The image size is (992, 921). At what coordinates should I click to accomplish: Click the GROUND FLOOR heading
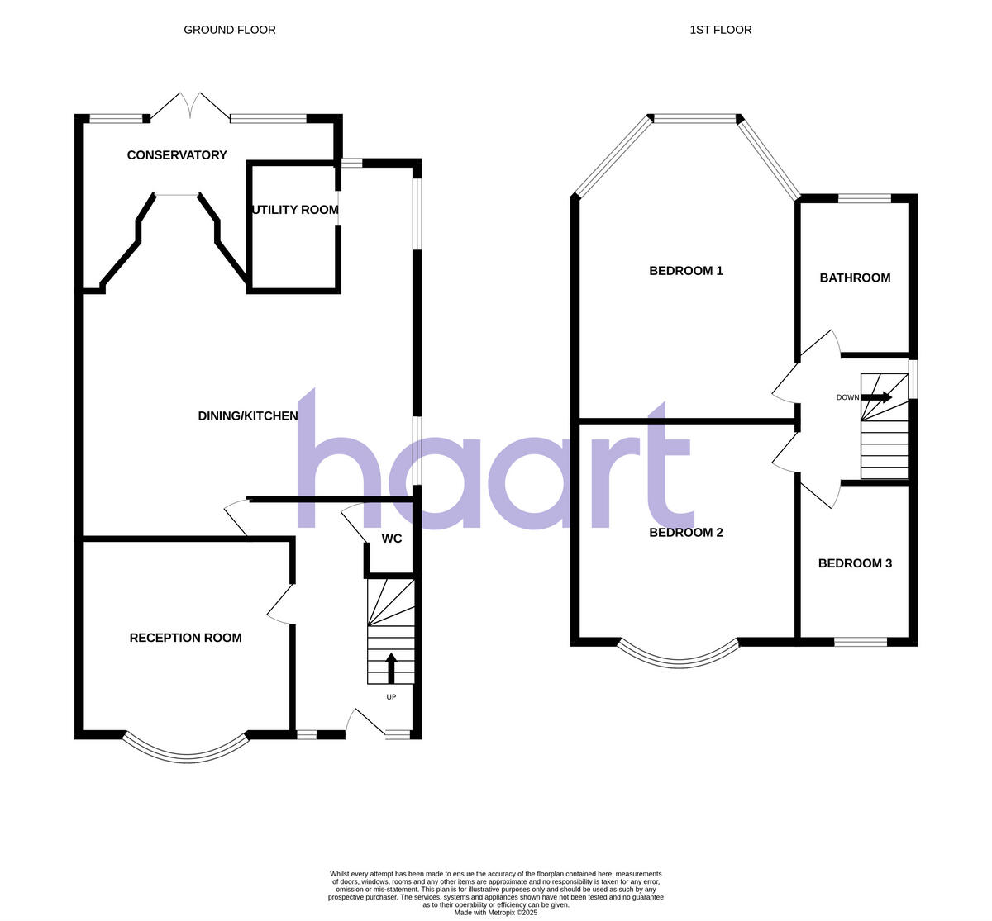[x=229, y=30]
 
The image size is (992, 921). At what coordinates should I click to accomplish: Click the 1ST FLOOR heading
[x=720, y=30]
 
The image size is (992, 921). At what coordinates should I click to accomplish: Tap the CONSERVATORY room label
[x=177, y=155]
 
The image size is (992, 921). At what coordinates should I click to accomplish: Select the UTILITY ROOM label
[x=295, y=210]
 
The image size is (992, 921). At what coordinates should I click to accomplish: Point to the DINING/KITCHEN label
[x=248, y=416]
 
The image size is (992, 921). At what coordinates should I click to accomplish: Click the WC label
[x=392, y=539]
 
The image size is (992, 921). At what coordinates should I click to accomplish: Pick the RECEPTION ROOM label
[x=186, y=638]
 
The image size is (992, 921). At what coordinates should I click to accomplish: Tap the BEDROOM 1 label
[x=686, y=271]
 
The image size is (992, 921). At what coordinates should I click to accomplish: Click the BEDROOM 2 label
[x=686, y=533]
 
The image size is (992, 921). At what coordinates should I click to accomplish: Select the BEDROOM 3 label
[x=855, y=563]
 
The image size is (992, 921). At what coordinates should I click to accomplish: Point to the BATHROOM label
[x=855, y=278]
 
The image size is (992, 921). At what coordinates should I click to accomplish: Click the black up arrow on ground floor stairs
[x=391, y=667]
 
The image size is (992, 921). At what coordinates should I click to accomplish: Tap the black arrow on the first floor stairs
[x=877, y=397]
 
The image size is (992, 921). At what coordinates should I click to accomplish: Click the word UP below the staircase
[x=391, y=697]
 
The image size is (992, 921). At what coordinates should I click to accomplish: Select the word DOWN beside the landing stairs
[x=847, y=397]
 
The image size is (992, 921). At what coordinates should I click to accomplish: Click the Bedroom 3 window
[x=861, y=641]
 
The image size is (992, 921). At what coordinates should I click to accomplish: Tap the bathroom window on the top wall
[x=865, y=198]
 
